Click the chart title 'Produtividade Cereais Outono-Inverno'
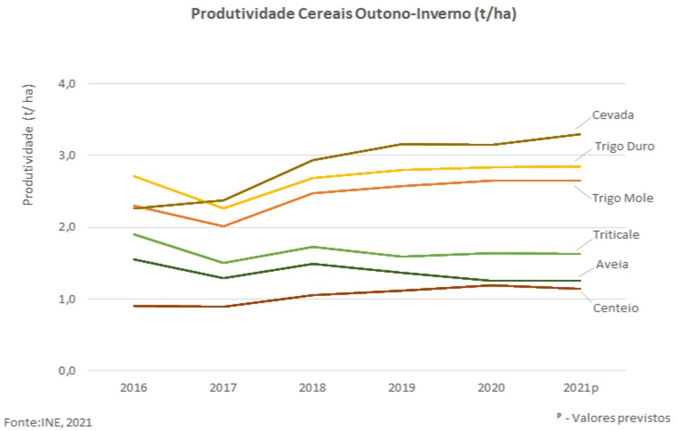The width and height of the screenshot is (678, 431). click(354, 15)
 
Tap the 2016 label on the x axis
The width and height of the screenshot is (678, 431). click(133, 388)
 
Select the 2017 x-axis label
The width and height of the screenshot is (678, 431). click(223, 388)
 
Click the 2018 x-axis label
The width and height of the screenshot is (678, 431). click(312, 388)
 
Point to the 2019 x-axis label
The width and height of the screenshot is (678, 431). click(402, 388)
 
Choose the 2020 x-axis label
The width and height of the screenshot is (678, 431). click(491, 388)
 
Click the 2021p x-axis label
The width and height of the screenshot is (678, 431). click(582, 388)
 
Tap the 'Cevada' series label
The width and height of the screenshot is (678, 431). click(613, 115)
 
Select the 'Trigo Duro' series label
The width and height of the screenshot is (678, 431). click(623, 147)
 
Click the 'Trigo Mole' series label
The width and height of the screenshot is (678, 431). click(622, 198)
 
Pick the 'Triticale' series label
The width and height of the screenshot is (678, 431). click(615, 235)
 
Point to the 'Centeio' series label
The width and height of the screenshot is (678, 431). click(615, 309)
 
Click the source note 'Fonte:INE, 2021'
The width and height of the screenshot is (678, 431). click(52, 421)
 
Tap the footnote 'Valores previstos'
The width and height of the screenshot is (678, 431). click(619, 418)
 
